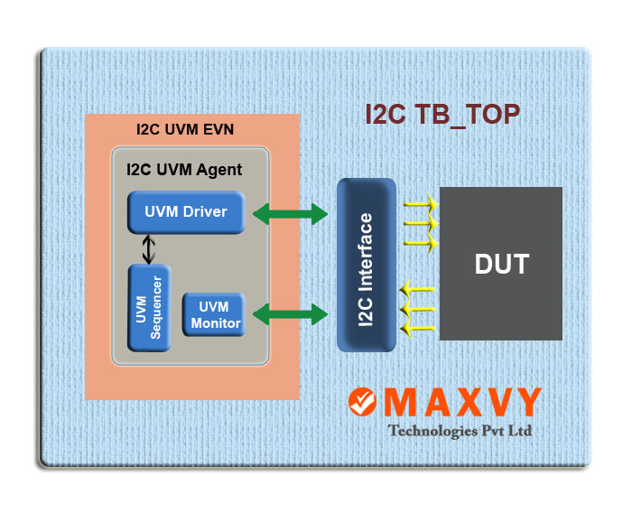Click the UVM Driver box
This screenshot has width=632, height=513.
click(186, 212)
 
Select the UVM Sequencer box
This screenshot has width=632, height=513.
click(149, 308)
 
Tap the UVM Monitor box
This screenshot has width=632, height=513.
click(214, 314)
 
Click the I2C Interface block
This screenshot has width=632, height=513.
click(367, 265)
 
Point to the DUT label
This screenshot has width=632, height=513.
click(502, 264)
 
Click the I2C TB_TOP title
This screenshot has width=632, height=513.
click(442, 115)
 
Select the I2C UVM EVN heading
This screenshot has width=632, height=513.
click(185, 129)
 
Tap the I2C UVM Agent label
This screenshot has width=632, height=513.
click(184, 170)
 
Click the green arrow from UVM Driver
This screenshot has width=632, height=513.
click(290, 214)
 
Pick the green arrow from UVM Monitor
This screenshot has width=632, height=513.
click(290, 314)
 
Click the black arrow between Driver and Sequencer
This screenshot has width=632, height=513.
click(149, 249)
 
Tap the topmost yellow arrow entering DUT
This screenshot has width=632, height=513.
click(422, 204)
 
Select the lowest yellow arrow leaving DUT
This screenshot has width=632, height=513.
click(417, 328)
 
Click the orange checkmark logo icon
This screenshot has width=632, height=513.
click(362, 402)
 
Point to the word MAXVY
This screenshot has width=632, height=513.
click(462, 402)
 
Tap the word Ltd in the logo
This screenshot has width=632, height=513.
click(519, 430)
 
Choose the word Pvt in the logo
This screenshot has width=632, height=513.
click(493, 431)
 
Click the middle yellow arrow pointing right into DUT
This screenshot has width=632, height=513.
click(422, 223)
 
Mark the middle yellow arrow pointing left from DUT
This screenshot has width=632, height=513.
click(417, 309)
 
